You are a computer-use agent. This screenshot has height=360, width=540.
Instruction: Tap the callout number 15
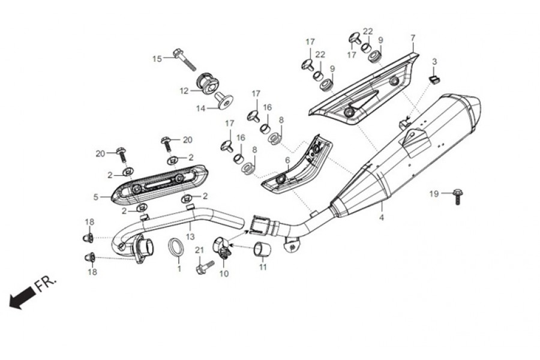pyautogui.click(x=157, y=59)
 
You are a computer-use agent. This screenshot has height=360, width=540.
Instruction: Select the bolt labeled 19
pyautogui.click(x=457, y=195)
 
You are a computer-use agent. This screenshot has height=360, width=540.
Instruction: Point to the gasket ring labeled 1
pyautogui.click(x=176, y=247)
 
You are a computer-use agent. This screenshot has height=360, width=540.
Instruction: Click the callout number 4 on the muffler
pyautogui.click(x=381, y=219)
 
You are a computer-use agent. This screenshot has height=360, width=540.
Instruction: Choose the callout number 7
pyautogui.click(x=413, y=38)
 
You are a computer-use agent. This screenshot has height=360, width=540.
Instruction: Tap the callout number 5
pyautogui.click(x=96, y=196)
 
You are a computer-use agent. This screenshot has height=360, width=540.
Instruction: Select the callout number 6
pyautogui.click(x=287, y=160)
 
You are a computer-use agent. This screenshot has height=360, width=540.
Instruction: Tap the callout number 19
pyautogui.click(x=434, y=193)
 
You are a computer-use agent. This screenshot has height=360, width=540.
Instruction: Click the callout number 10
pyautogui.click(x=224, y=274)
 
